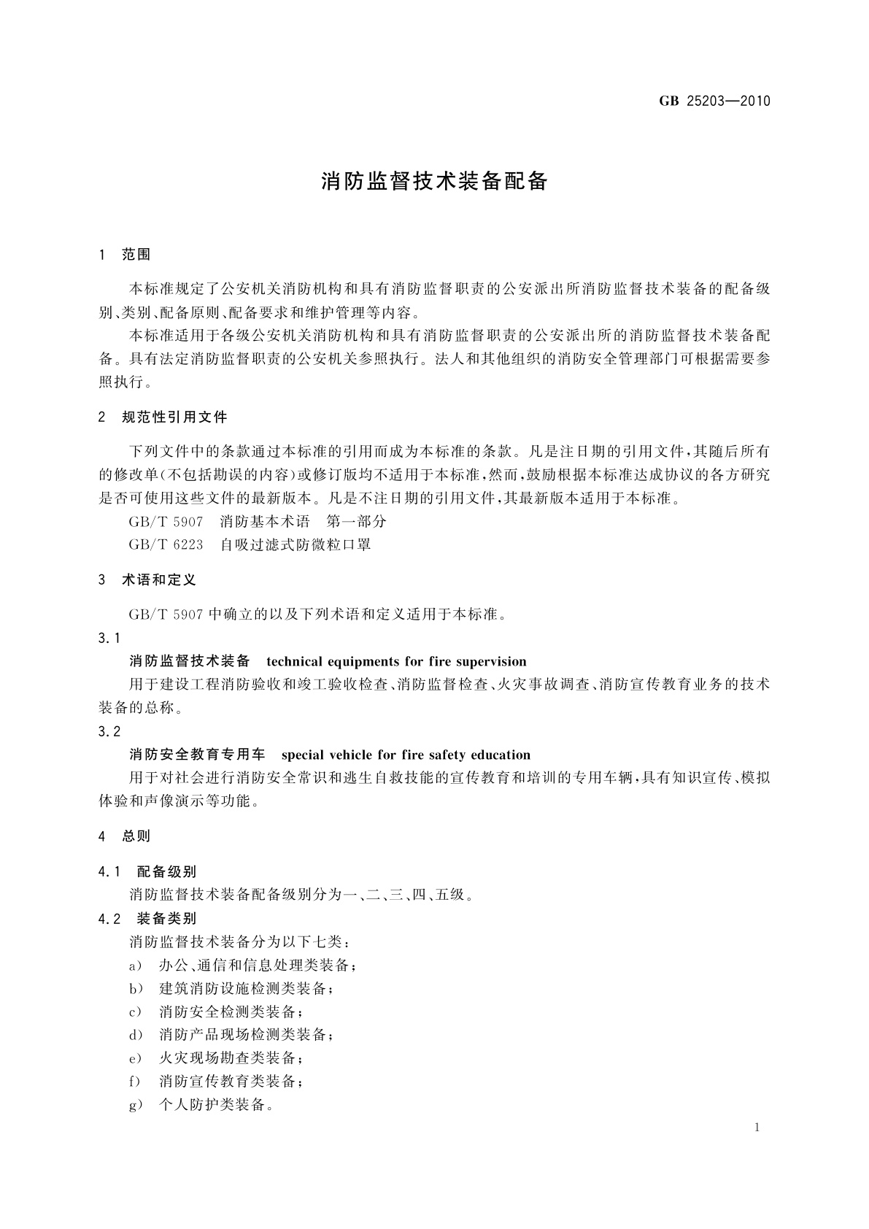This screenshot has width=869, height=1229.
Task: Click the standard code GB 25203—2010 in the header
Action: [x=714, y=101]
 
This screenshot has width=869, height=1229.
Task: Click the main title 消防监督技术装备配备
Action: [x=434, y=182]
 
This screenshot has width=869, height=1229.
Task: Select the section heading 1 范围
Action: [x=125, y=255]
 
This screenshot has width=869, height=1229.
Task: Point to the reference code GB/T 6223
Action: [x=166, y=544]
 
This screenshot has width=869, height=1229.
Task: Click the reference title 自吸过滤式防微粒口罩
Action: [x=296, y=544]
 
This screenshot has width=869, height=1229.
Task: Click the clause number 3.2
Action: [x=109, y=732]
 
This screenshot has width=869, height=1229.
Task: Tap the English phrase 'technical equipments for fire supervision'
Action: [x=396, y=662]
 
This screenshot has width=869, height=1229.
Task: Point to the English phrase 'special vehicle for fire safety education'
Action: [x=406, y=755]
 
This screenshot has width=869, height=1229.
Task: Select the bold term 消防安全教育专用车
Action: [x=197, y=755]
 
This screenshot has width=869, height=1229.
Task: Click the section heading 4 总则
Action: [x=125, y=836]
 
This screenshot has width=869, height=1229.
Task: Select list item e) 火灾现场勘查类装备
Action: [x=216, y=1058]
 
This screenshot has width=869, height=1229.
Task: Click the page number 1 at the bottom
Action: [x=757, y=1128]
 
